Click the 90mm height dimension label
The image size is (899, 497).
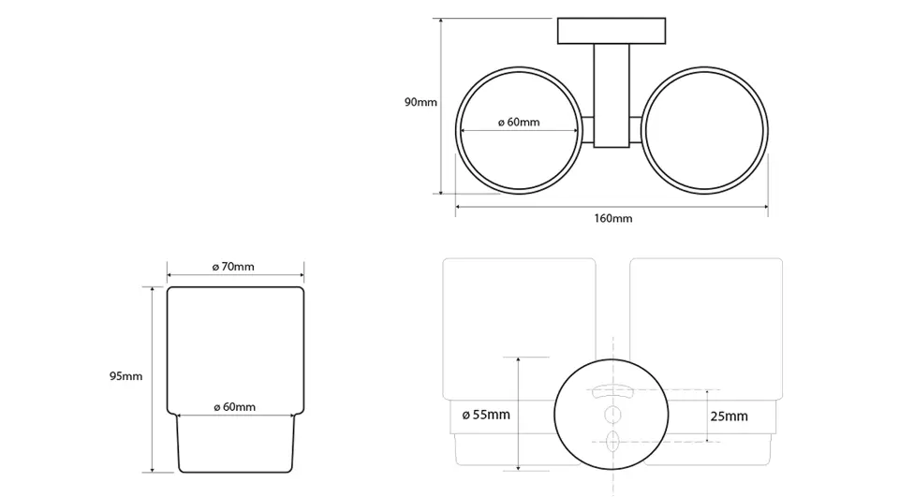point(420,103)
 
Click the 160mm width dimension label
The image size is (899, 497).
point(612,218)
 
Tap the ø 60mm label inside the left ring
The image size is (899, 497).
point(519,122)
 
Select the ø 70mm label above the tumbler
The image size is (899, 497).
point(233,267)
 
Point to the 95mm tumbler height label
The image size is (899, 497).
point(126,376)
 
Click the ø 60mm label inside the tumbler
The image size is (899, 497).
point(234,407)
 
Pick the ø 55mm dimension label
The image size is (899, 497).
point(486,415)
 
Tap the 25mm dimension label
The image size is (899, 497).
point(729,417)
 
